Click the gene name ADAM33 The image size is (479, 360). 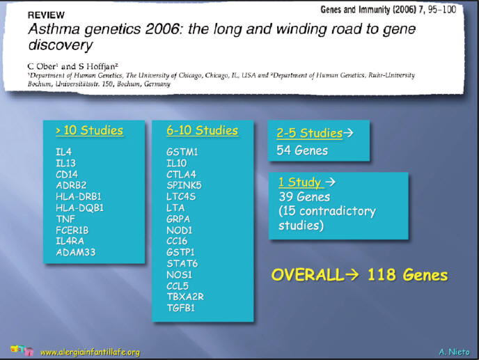[76, 252]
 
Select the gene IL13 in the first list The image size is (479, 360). [65, 163]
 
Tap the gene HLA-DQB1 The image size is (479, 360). [80, 208]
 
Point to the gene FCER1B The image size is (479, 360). [72, 230]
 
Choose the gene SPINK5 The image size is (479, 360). [184, 185]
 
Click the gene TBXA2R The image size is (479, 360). [185, 297]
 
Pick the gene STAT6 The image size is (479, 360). [182, 263]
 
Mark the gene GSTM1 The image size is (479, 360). [182, 152]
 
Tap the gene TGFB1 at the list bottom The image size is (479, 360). [180, 308]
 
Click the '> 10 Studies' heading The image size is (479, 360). [89, 130]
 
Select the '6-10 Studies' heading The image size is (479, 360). [202, 130]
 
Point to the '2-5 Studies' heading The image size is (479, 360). [309, 133]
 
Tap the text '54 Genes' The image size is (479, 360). [302, 150]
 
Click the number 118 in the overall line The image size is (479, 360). [382, 274]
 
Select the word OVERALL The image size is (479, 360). [306, 274]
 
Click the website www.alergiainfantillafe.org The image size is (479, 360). [90, 352]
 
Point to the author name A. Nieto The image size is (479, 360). [454, 352]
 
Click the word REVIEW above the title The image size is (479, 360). [46, 15]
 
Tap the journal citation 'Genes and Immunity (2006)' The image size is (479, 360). [368, 10]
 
